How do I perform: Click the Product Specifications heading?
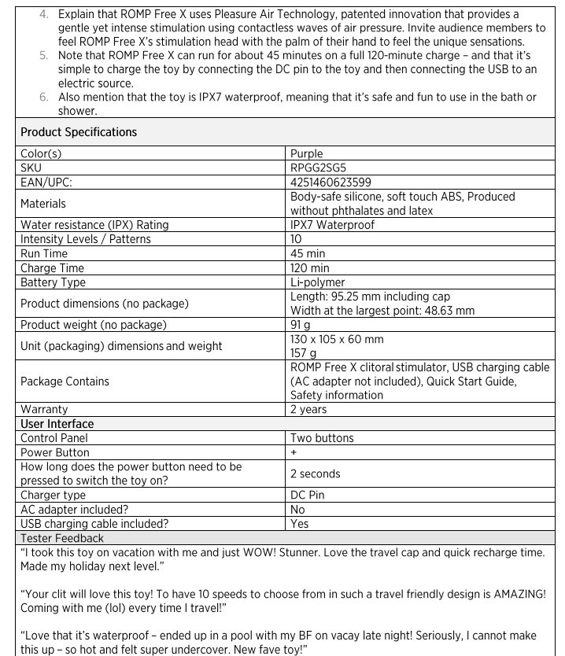[79, 132]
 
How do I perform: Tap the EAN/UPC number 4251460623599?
[331, 182]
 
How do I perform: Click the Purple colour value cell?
[307, 154]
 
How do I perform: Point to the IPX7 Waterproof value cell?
[332, 225]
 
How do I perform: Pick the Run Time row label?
[44, 253]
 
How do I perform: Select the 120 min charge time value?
[310, 268]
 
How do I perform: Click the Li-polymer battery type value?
[317, 282]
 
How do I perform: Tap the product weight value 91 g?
[301, 325]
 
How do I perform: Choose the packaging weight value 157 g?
[304, 353]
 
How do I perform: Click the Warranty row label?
[44, 410]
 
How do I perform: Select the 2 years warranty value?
[309, 410]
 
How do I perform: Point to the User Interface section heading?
[57, 424]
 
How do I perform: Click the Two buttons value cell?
[322, 438]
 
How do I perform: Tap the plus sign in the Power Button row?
[294, 452]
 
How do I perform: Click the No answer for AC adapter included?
[298, 510]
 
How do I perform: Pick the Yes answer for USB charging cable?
[300, 524]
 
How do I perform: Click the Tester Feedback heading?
[61, 538]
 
